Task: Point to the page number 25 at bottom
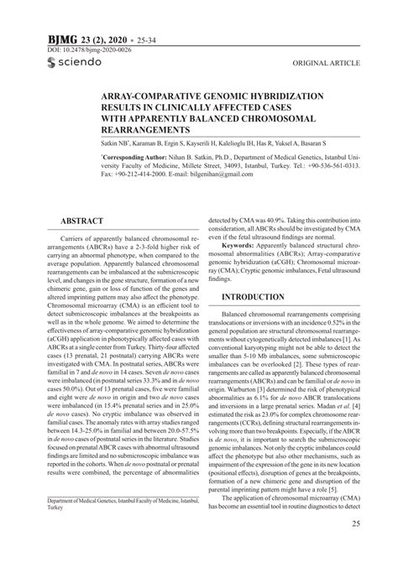(355, 524)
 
